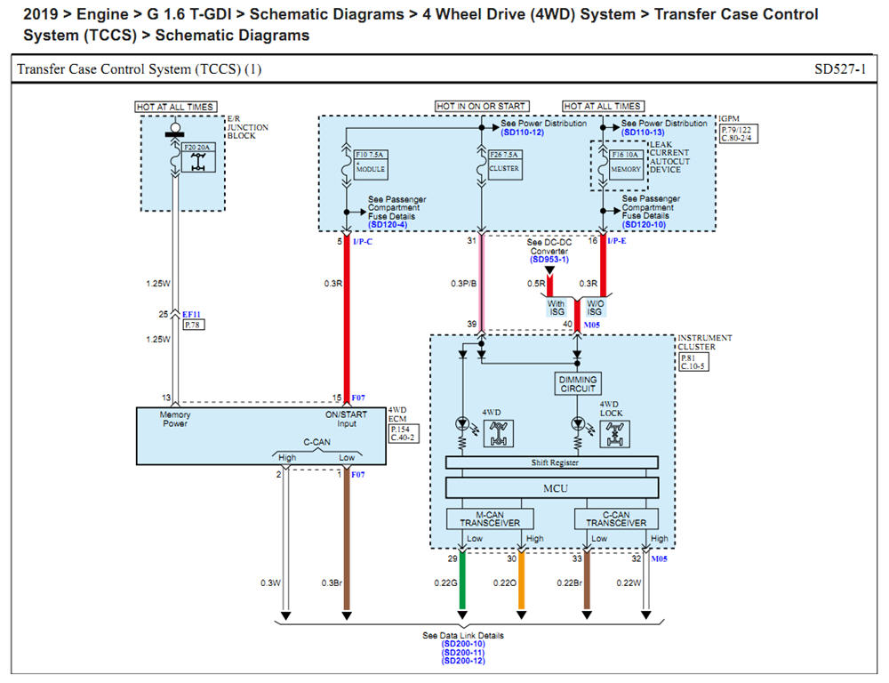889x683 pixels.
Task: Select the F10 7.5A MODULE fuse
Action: pos(369,162)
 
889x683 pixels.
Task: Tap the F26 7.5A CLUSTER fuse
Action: pos(503,162)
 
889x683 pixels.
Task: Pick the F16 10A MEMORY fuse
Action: pos(626,162)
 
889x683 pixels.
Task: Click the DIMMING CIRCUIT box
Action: pos(577,383)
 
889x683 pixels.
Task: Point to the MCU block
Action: pos(552,487)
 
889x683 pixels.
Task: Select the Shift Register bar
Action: pos(552,462)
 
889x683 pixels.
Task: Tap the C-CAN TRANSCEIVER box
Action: pos(617,518)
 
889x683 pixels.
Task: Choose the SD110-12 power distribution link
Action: pos(522,133)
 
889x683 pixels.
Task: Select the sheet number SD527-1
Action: pos(839,69)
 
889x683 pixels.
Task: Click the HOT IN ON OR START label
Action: pos(481,107)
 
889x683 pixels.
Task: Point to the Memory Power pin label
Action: pos(175,420)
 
